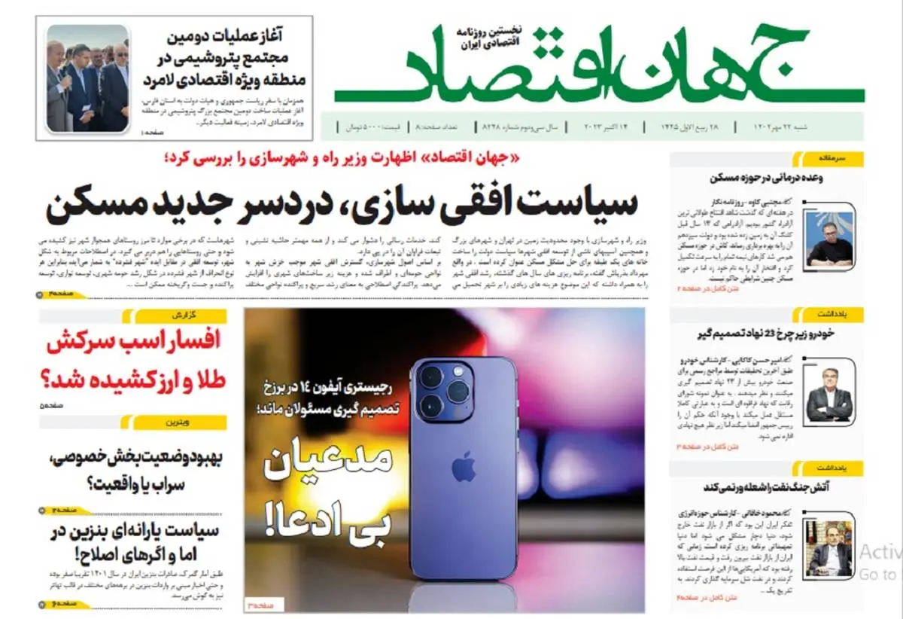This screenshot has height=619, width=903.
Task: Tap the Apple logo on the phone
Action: click(463, 467)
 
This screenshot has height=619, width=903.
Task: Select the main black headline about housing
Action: click(342, 205)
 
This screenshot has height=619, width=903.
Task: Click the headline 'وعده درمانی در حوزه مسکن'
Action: click(766, 179)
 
